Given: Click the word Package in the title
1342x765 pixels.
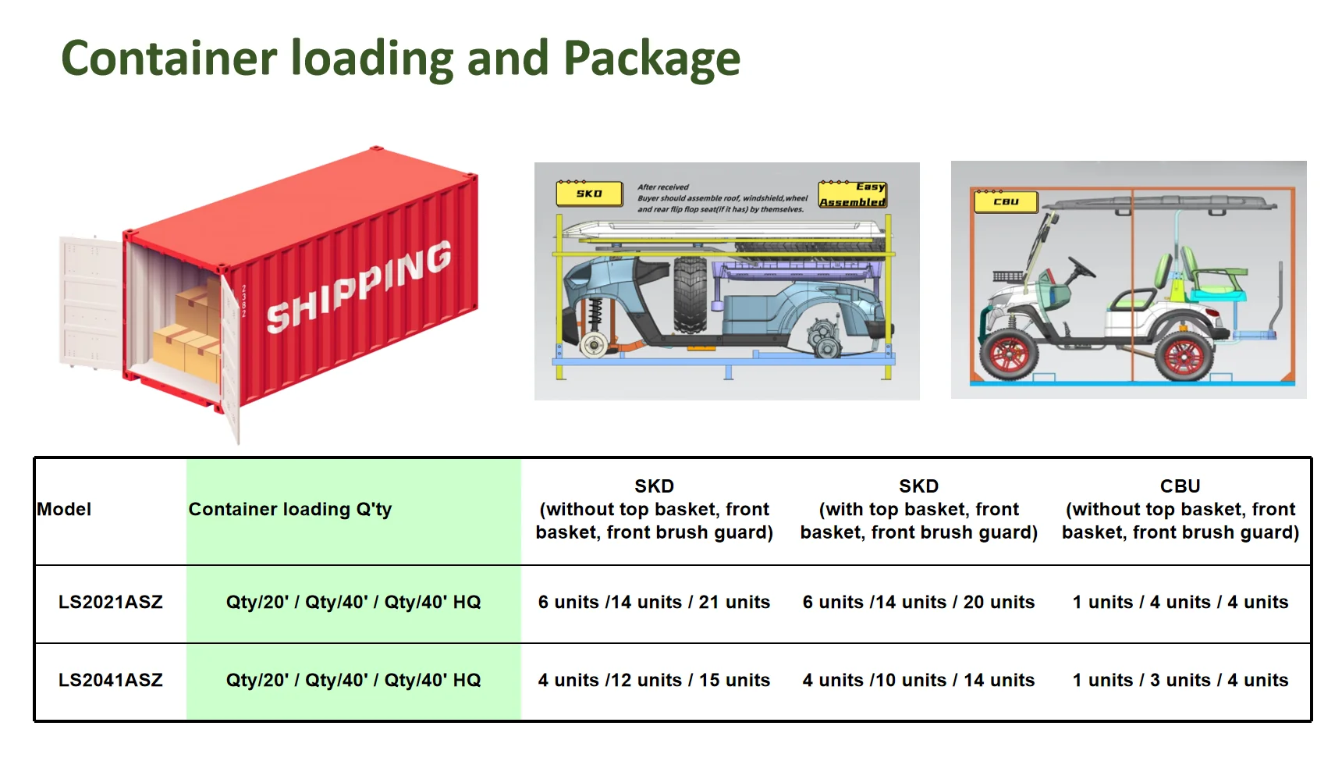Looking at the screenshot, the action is pos(651,59).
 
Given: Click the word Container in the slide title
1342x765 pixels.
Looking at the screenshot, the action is pos(169,59).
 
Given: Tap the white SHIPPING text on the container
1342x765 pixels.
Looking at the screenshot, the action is pos(359,286).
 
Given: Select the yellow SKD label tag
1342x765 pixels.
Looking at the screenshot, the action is pos(589,193).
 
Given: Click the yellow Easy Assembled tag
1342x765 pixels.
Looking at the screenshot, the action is pos(853,194).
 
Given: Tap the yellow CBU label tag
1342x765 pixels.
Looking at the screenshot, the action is pos(1006,201).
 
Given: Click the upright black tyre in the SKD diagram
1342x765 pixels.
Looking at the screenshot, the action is pos(690,294).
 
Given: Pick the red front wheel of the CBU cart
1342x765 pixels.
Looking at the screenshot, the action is pos(1009,354).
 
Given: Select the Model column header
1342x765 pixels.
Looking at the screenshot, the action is pos(65,509).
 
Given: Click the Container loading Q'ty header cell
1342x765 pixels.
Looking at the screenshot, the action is pos(290,509).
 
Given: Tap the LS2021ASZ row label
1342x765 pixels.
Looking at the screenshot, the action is pos(111,602).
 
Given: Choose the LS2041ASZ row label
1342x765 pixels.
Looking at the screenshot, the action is pos(111,680).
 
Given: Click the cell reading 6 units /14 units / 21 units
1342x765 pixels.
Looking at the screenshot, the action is pos(654,602).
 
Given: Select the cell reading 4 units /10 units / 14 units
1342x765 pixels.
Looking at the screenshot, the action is pos(918,680).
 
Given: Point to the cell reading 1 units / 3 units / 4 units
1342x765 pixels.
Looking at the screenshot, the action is pos(1180,680).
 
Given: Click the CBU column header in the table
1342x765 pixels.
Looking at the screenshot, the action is pos(1180,509).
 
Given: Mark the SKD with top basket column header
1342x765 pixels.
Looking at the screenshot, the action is pos(918,509).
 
